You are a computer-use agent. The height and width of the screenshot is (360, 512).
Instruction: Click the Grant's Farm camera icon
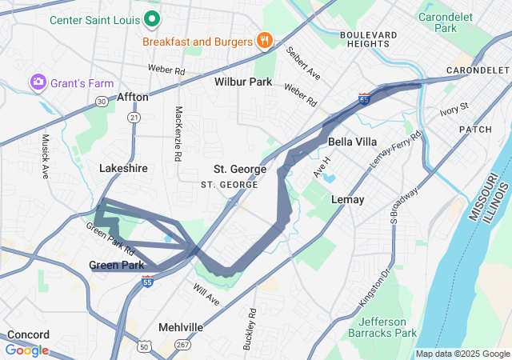(x=38, y=82)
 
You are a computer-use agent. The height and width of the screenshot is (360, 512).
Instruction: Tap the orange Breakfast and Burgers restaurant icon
(x=265, y=41)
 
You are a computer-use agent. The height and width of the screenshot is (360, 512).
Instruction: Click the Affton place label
(x=133, y=97)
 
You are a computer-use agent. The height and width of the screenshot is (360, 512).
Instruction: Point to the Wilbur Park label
(x=243, y=82)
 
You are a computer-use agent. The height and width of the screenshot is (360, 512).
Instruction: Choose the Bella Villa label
(x=353, y=142)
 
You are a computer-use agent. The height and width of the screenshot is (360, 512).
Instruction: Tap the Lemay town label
(x=347, y=199)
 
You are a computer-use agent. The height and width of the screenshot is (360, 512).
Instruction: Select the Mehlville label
(x=181, y=328)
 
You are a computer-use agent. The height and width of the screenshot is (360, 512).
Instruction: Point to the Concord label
(x=28, y=334)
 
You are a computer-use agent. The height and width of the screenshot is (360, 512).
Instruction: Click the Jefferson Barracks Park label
(x=383, y=327)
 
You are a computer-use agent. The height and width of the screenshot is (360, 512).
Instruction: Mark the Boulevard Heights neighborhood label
(x=368, y=41)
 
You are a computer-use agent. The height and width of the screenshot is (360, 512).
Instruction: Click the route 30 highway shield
(x=101, y=102)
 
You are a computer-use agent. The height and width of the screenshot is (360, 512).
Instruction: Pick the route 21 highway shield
(x=134, y=117)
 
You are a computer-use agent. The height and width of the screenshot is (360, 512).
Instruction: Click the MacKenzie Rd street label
(x=178, y=132)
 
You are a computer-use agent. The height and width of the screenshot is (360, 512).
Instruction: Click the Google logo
(x=27, y=350)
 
